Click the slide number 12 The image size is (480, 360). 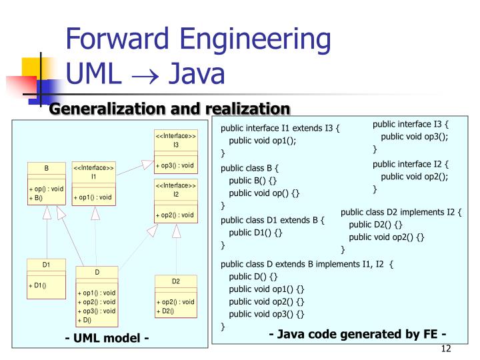pos(447,350)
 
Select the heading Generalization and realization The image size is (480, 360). pos(171,109)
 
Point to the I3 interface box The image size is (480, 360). pos(176,151)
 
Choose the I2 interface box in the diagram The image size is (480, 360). pos(176,201)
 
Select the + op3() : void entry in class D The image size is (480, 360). pos(97,311)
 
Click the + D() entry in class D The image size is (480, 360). pos(84,320)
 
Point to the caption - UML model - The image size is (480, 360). pos(107,339)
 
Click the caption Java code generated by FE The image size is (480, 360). pos(357,334)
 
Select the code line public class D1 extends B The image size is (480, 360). pos(273,219)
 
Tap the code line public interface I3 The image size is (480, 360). pos(411,124)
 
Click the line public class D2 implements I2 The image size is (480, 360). pos(401,212)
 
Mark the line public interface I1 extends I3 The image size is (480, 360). pos(281,129)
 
